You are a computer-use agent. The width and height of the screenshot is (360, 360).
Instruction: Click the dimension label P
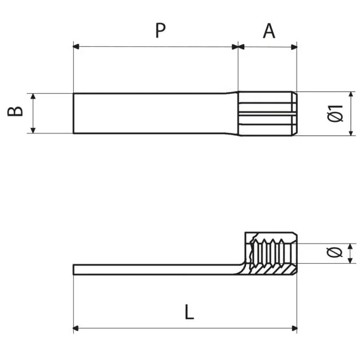pyautogui.click(x=160, y=30)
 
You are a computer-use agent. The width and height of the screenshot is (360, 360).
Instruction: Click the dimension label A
pyautogui.click(x=269, y=30)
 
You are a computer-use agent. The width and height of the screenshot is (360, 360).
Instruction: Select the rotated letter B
pyautogui.click(x=16, y=111)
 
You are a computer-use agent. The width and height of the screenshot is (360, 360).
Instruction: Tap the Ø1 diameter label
pyautogui.click(x=336, y=113)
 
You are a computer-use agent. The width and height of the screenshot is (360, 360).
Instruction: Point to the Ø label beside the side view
pyautogui.click(x=334, y=253)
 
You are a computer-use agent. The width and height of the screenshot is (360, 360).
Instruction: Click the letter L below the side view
pyautogui.click(x=189, y=312)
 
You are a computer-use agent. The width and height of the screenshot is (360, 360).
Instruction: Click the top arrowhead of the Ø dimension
pyautogui.click(x=350, y=247)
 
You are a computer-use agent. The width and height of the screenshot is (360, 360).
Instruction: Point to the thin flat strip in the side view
pyautogui.click(x=152, y=269)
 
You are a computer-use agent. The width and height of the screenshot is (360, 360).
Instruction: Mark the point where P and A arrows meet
pyautogui.click(x=238, y=46)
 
